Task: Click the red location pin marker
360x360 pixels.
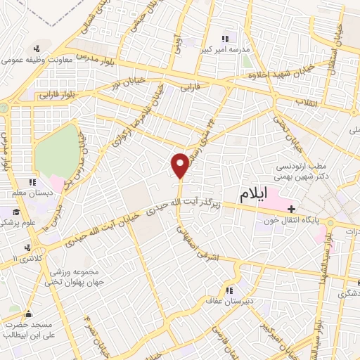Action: click(181, 165)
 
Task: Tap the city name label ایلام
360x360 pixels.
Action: click(254, 197)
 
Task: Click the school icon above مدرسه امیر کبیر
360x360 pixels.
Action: click(225, 39)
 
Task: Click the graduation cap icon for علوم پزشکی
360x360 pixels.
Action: click(15, 211)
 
